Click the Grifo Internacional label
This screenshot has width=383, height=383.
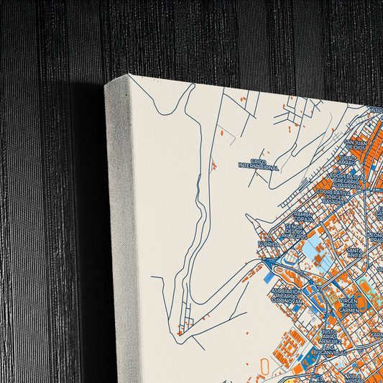(x=258, y=164)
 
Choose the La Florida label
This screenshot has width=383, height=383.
(x=268, y=244)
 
